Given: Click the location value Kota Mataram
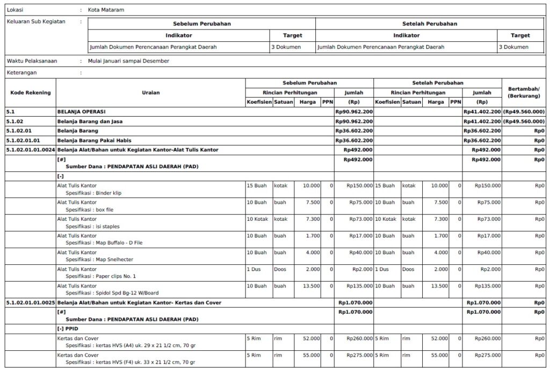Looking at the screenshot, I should click(x=107, y=10).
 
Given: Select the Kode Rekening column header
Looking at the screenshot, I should click(x=31, y=92).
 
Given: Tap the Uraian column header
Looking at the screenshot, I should click(x=150, y=92).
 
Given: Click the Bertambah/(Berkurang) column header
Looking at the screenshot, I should click(x=524, y=92).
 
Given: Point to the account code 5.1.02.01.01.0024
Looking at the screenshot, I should click(x=30, y=149).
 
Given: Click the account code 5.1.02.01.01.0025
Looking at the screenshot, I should click(x=30, y=302).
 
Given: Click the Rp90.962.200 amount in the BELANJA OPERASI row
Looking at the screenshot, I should click(x=353, y=112).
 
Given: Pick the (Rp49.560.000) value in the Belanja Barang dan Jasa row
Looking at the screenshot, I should click(x=524, y=121).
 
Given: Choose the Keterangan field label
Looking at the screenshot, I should click(x=21, y=72).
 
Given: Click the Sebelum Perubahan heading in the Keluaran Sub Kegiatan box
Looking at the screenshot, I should click(x=201, y=24).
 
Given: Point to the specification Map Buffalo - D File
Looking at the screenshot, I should click(x=119, y=243).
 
